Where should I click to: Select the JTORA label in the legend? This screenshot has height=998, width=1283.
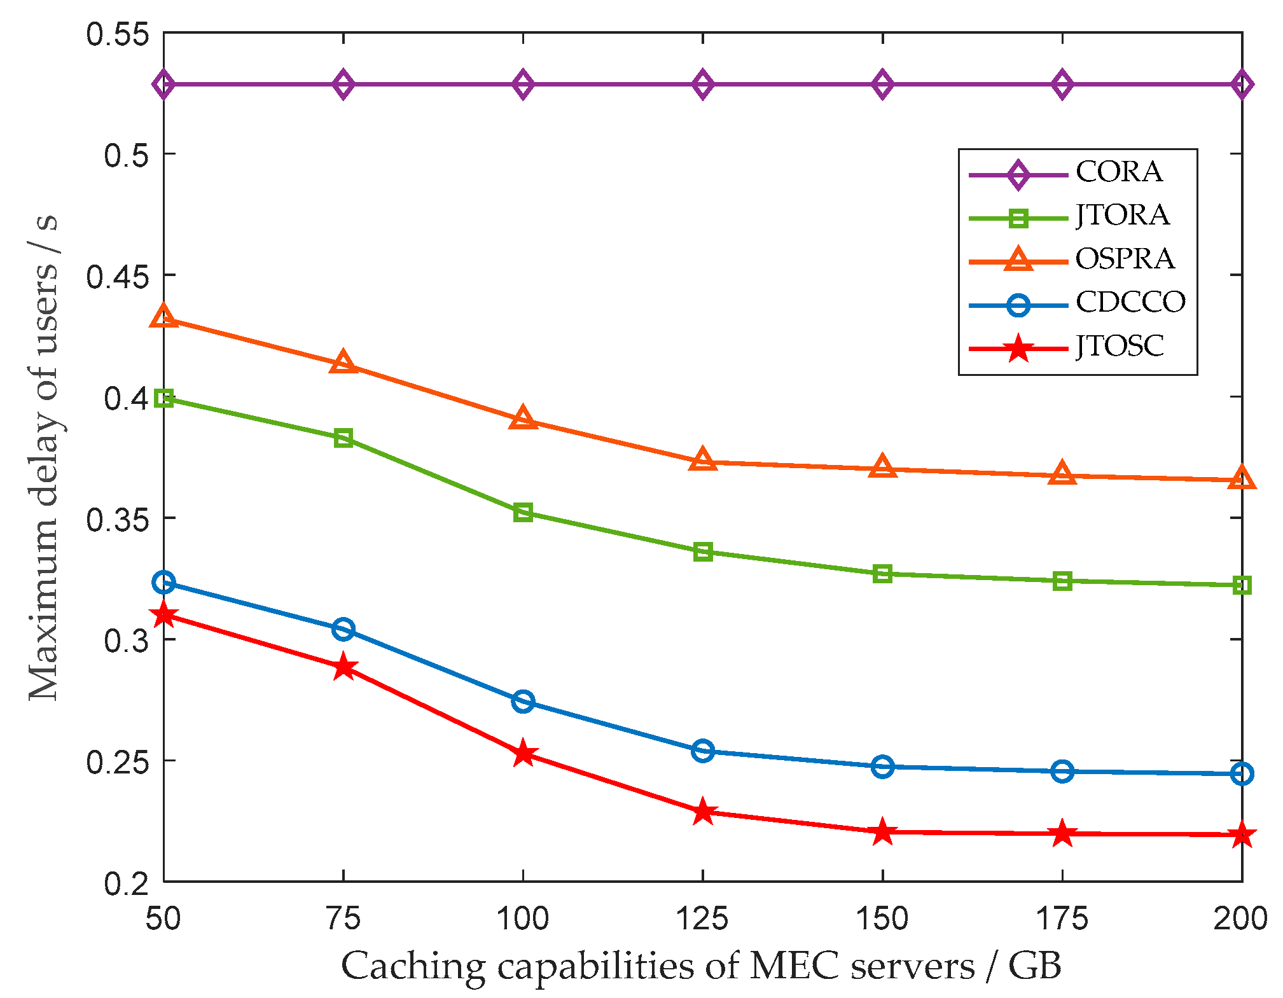click(1122, 215)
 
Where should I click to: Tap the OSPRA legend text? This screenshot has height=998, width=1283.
click(1124, 259)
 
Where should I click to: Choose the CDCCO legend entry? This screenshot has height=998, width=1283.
click(1130, 302)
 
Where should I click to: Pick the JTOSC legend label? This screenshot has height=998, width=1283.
click(1119, 346)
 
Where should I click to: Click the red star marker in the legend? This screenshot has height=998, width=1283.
click(1018, 348)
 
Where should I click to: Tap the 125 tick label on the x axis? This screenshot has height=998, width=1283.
click(702, 918)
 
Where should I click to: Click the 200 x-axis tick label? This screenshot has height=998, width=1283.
click(1240, 918)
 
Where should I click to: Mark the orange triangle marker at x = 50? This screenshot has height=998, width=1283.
click(163, 316)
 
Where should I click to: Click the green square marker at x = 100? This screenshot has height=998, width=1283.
click(523, 512)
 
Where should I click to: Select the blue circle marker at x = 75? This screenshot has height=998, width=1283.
click(343, 629)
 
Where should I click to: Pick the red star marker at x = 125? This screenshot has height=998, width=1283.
click(702, 812)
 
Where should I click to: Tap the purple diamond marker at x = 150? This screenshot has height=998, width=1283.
click(882, 85)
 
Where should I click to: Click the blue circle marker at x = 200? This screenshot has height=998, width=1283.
click(1242, 773)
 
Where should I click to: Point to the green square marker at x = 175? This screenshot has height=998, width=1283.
click(1062, 581)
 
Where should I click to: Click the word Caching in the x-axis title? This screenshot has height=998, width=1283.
click(413, 966)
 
